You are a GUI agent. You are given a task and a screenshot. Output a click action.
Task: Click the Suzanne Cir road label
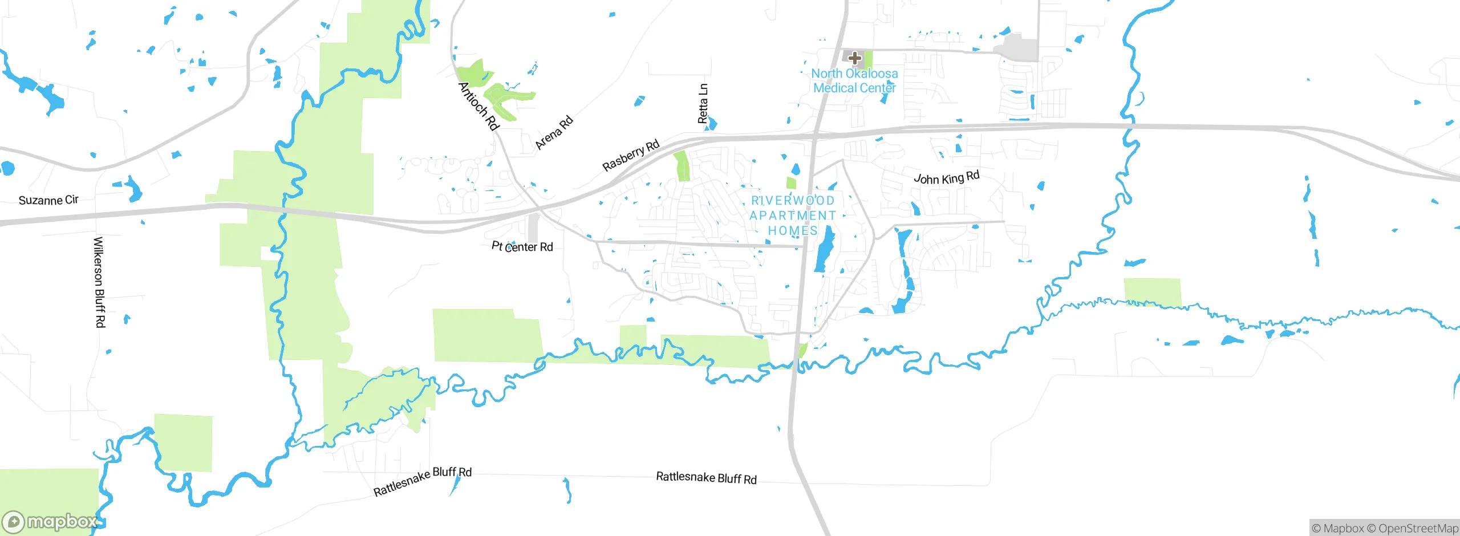tap(48, 200)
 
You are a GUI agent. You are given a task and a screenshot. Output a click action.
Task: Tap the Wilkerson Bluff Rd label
tap(99, 282)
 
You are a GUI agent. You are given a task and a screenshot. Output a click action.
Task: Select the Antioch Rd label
tap(478, 106)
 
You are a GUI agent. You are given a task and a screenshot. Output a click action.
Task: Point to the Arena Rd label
tap(554, 133)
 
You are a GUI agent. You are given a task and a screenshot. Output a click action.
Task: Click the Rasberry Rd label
tap(631, 155)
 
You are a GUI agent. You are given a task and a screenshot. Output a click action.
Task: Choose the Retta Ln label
tap(703, 104)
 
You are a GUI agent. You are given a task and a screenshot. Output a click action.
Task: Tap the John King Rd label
tap(946, 178)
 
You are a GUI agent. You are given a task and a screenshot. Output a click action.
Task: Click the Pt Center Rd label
tap(522, 246)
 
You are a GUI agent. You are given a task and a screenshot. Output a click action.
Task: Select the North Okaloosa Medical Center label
tap(854, 81)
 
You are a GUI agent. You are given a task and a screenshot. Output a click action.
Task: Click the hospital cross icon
tap(854, 58)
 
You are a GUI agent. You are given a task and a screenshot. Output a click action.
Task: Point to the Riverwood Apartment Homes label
tap(793, 216)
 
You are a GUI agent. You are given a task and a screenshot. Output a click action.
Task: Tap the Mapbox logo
tap(50, 521)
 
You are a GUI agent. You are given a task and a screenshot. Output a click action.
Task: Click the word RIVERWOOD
tap(793, 201)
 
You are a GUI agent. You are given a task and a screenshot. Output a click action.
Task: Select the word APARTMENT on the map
tap(793, 216)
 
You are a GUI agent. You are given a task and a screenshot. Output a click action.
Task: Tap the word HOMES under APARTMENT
tap(793, 231)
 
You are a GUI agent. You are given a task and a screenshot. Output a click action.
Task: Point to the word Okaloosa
tap(871, 74)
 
